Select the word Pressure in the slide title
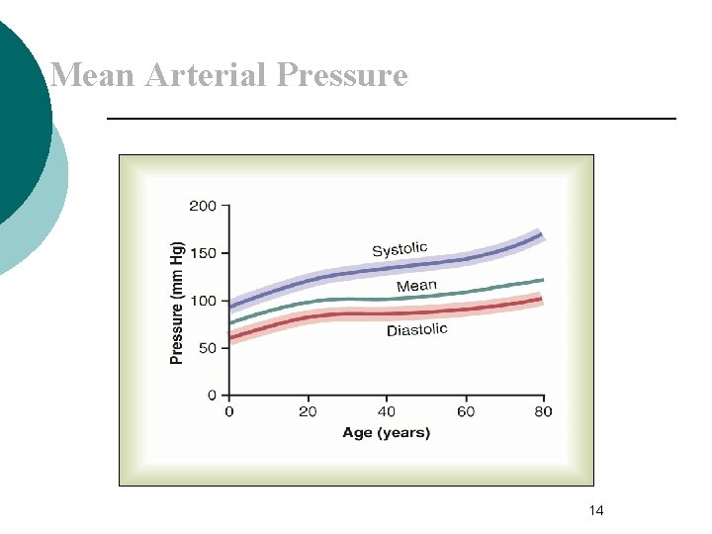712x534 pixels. tap(342, 75)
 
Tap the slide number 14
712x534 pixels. tap(595, 510)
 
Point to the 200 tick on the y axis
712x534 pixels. tap(203, 206)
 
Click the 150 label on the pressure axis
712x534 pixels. tap(203, 253)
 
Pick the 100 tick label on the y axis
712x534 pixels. tap(203, 301)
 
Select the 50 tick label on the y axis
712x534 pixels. tap(207, 348)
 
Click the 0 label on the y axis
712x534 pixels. tap(213, 396)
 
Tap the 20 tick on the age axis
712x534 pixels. tap(308, 411)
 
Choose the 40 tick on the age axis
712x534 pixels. tap(387, 411)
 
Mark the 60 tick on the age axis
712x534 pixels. tap(466, 411)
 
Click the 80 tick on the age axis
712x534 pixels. tap(543, 411)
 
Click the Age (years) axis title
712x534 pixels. tap(387, 433)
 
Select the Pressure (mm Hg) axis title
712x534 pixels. tap(178, 303)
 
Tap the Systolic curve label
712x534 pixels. tap(400, 249)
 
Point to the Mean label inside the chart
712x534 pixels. tap(416, 286)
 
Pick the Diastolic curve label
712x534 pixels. tap(416, 330)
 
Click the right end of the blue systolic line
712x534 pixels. tap(542, 234)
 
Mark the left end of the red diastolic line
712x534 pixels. tap(231, 338)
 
